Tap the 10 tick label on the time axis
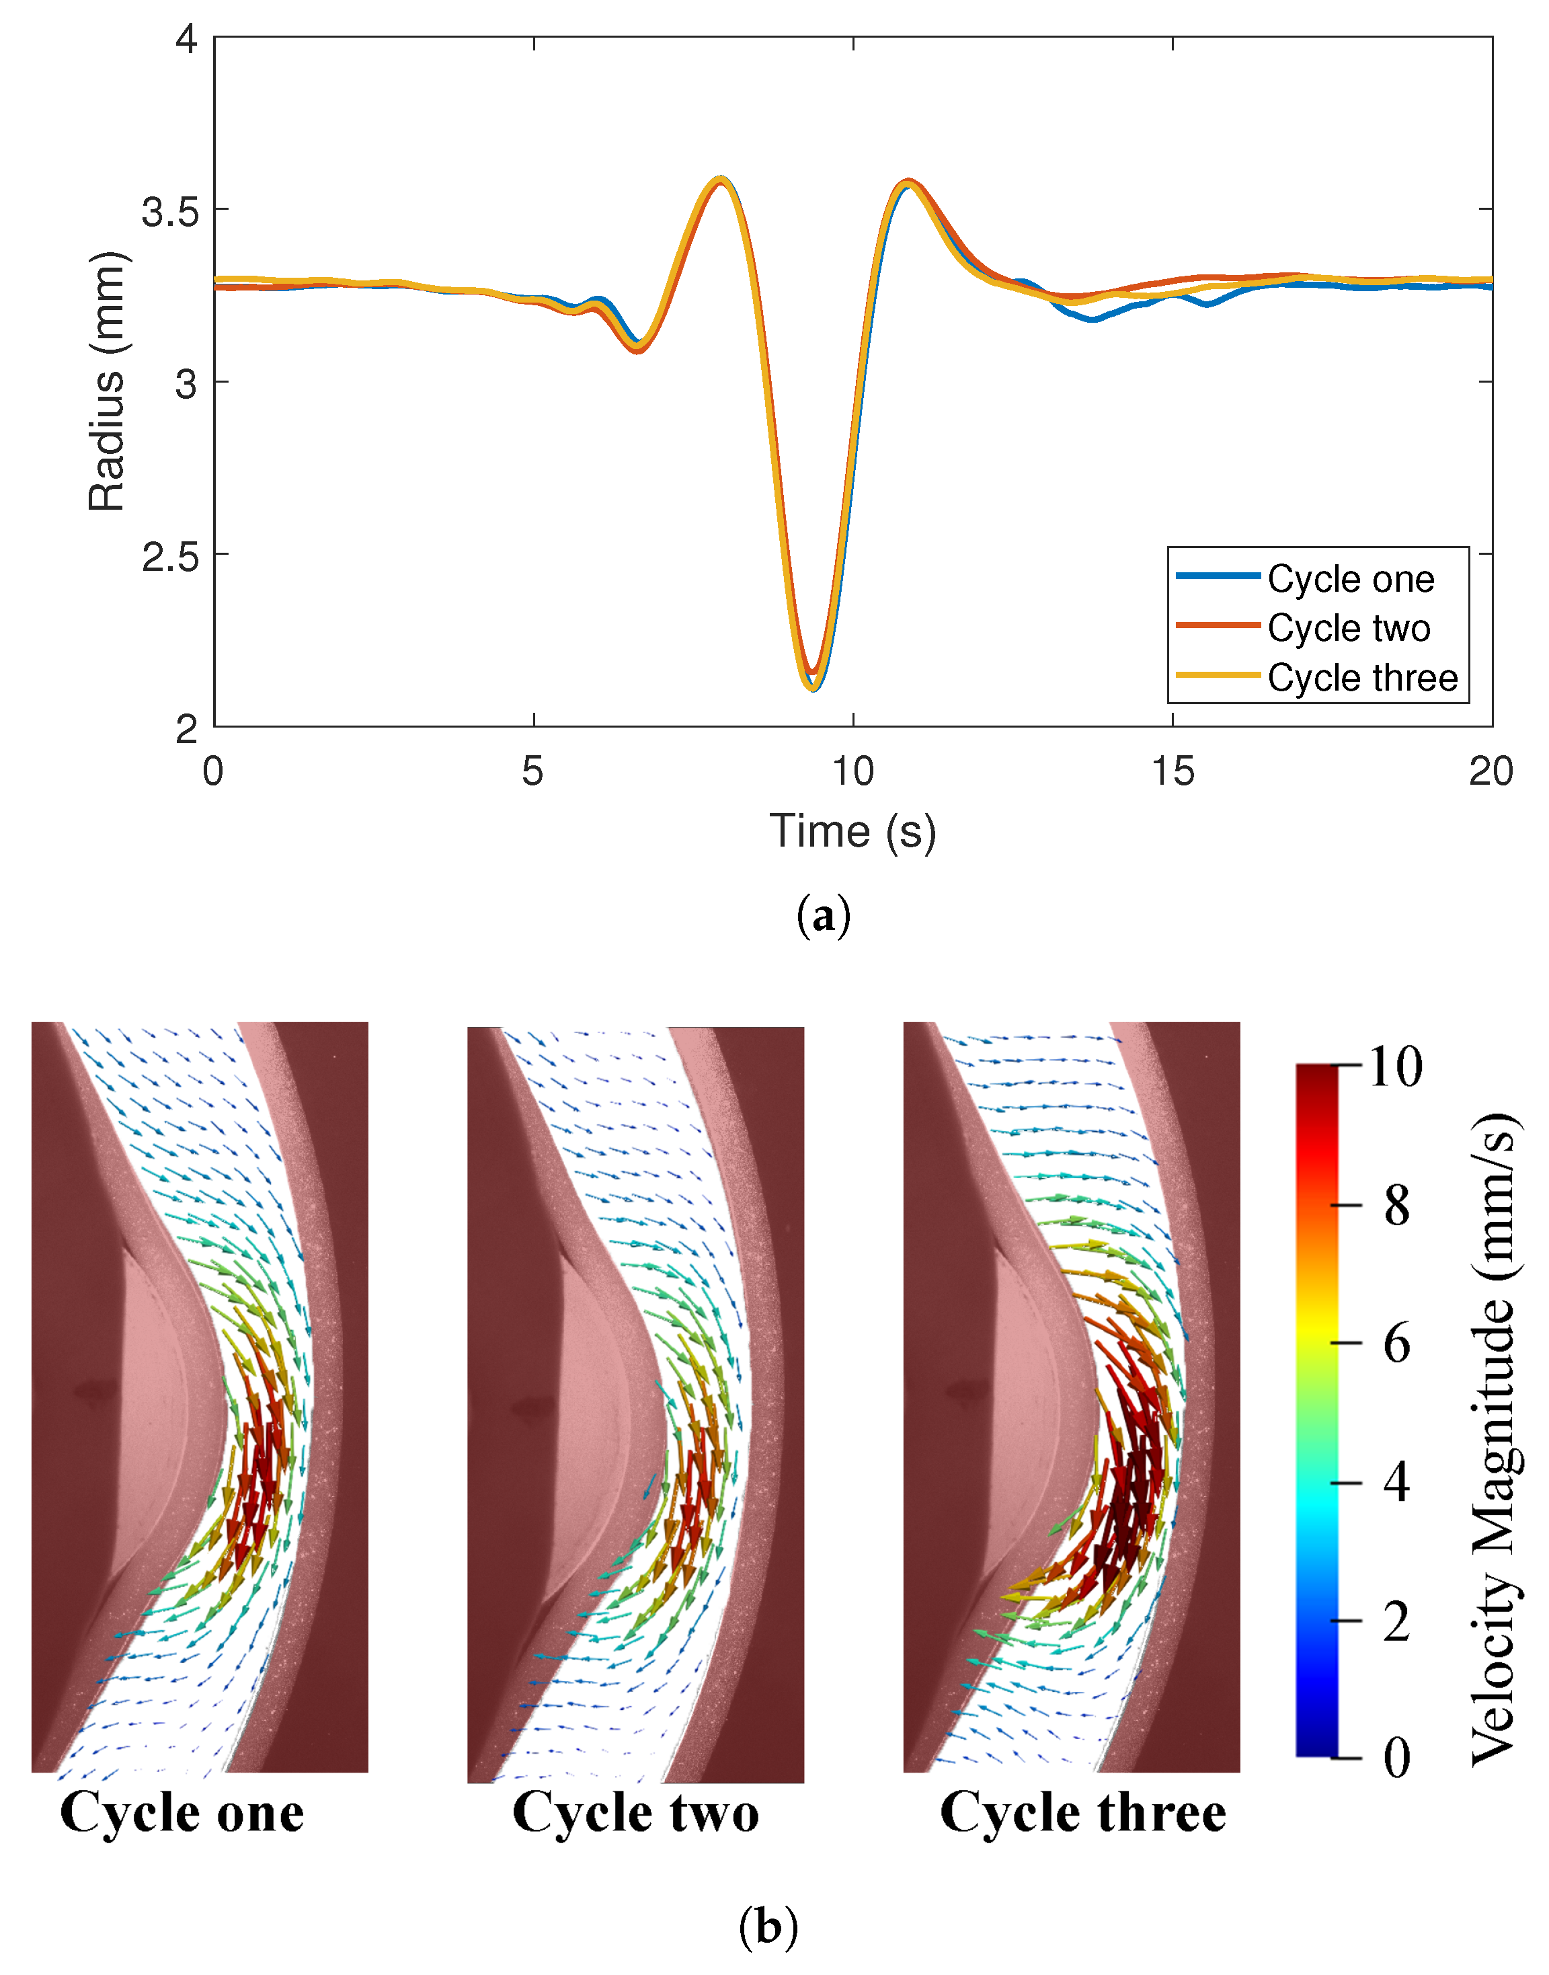tap(852, 772)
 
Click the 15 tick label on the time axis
tap(1173, 772)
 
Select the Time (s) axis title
tap(852, 831)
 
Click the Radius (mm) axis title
tap(107, 381)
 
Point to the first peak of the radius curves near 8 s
tap(721, 179)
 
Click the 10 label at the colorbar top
tap(1396, 1067)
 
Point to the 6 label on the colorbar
tap(1396, 1344)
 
